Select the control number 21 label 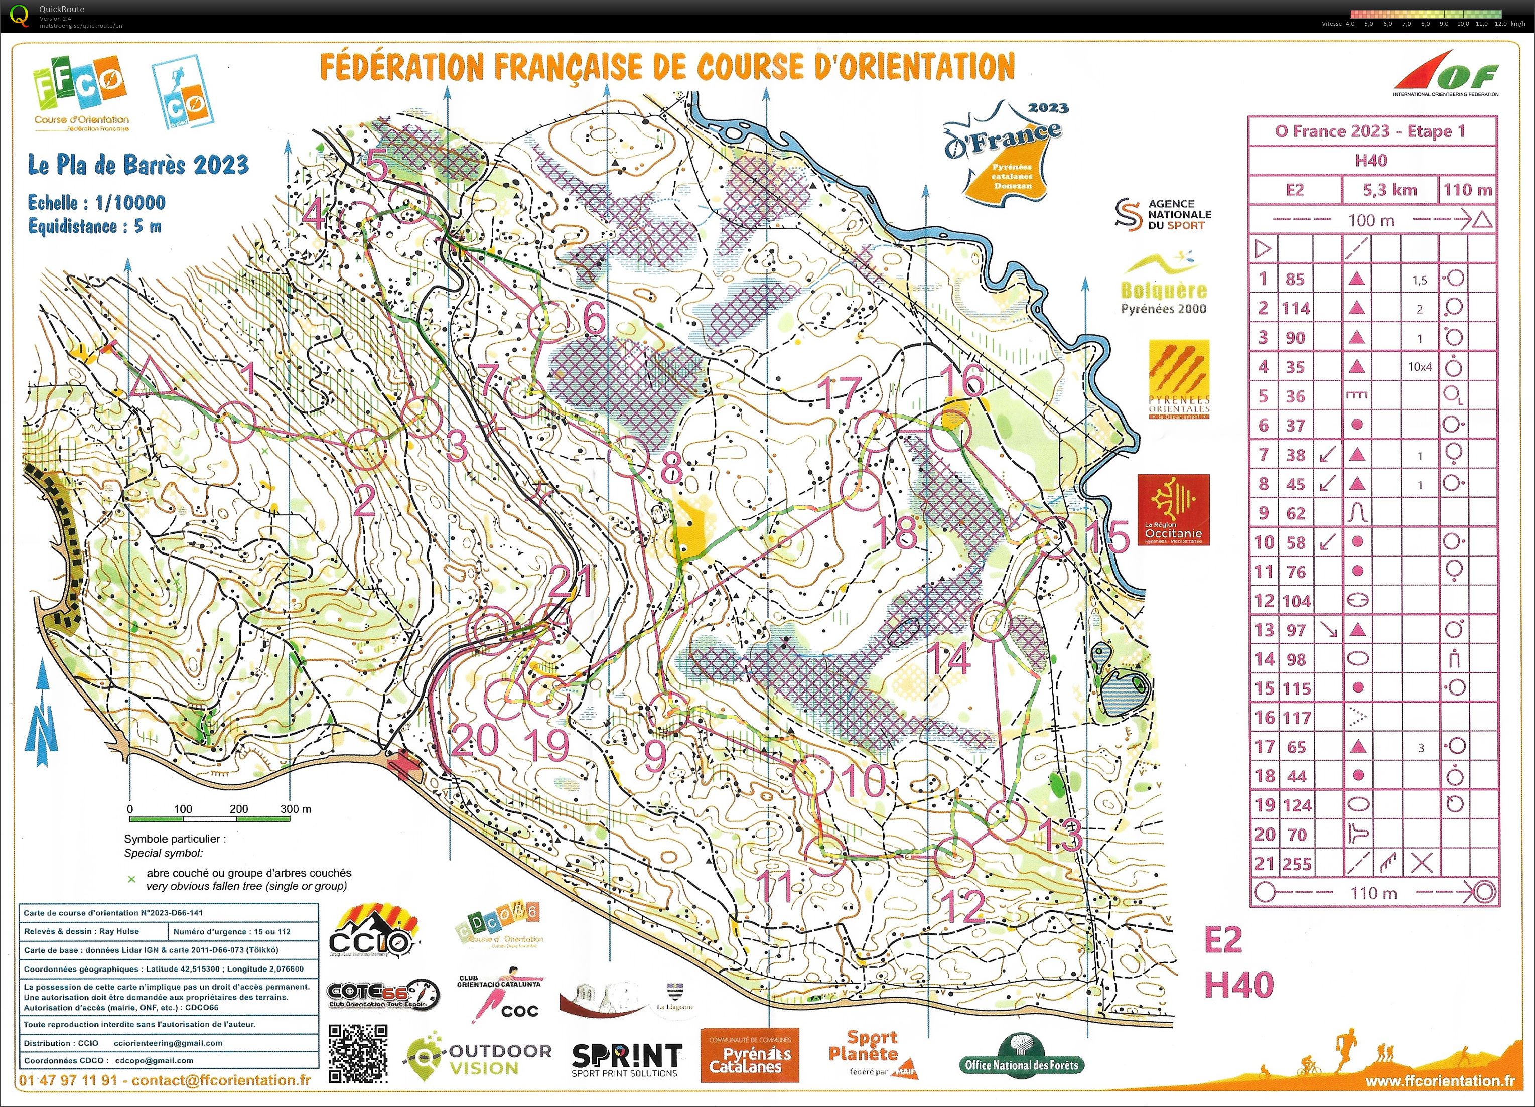point(571,581)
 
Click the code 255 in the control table point(1296,864)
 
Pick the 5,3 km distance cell point(1389,190)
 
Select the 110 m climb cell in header point(1467,190)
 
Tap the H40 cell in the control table point(1371,161)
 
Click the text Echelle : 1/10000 point(96,202)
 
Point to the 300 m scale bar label point(296,808)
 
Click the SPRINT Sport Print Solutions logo point(627,1059)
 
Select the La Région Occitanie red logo point(1173,509)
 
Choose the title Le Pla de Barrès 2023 point(138,165)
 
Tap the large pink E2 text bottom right point(1222,940)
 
